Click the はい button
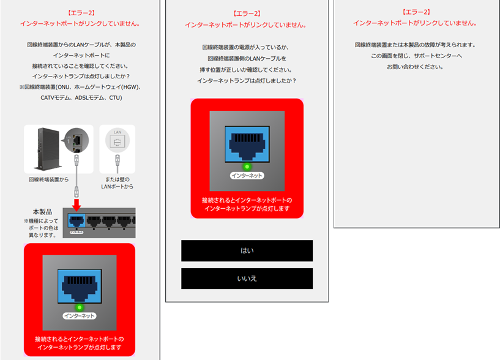[x=247, y=250]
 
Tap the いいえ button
[x=247, y=279]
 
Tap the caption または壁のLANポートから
[x=117, y=182]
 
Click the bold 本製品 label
[x=42, y=211]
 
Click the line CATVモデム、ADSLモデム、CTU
[x=81, y=97]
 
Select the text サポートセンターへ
[x=416, y=56]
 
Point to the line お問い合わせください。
[x=416, y=67]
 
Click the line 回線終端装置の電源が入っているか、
[x=247, y=48]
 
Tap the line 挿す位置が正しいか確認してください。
[x=247, y=70]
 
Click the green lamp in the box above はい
[x=247, y=166]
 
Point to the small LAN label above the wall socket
[x=117, y=132]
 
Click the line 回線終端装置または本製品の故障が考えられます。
[x=416, y=45]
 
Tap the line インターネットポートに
[x=81, y=55]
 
